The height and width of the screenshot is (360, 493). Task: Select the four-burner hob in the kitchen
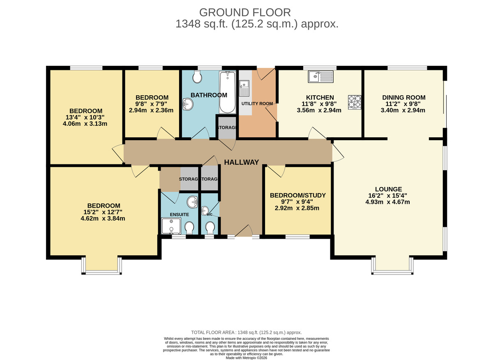point(355,102)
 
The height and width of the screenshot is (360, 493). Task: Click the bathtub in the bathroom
point(227,92)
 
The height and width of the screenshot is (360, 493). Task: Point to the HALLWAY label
point(241,162)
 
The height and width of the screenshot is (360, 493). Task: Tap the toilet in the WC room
point(210,227)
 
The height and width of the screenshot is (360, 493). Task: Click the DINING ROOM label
point(403,97)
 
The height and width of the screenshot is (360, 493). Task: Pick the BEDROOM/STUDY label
point(297,195)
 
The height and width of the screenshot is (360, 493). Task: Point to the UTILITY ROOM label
point(257,104)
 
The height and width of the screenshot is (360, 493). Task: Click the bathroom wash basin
point(188,104)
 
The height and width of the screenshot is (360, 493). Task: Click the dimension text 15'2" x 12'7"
point(104,212)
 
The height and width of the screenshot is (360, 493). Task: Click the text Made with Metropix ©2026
point(246,358)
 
